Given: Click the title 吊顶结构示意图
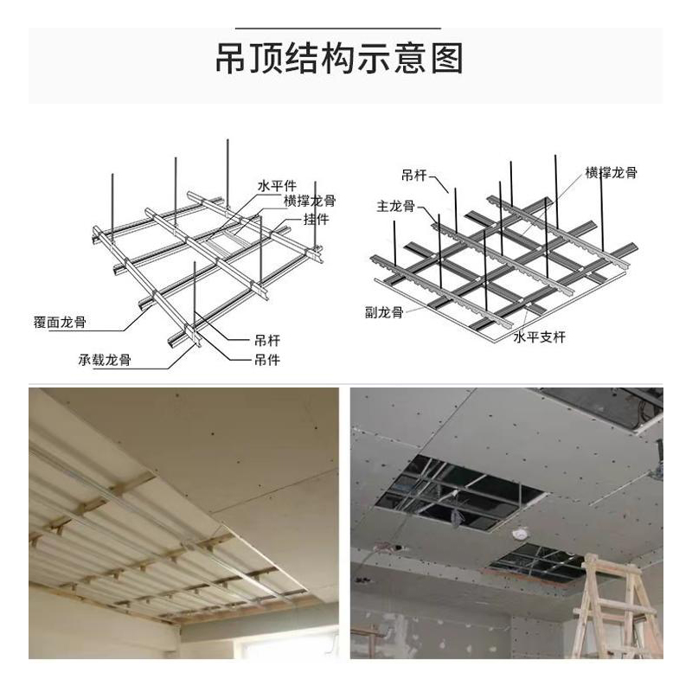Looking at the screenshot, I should [x=339, y=58].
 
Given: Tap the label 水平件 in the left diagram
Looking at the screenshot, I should [x=277, y=185].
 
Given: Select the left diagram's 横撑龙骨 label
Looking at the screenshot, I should [x=310, y=201].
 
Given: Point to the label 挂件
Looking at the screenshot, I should [x=316, y=220].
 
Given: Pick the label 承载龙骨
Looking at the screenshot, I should [x=105, y=360].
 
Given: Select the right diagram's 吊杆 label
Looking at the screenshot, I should [x=414, y=175].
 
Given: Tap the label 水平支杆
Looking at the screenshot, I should [x=539, y=336].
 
